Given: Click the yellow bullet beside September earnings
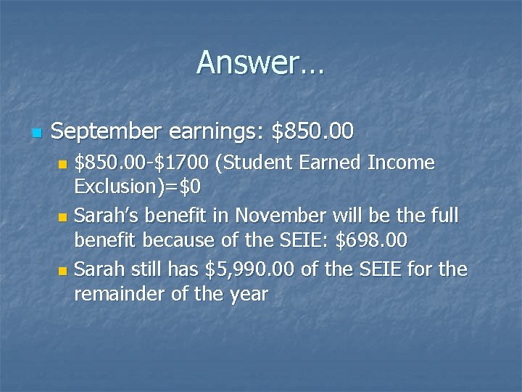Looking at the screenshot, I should tap(37, 133).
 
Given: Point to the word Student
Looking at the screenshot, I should tap(262, 163).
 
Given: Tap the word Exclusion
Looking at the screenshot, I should tap(116, 187).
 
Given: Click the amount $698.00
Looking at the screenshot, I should tap(371, 240).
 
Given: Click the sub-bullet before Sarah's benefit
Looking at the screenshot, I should tap(62, 217).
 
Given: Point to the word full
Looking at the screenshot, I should tap(447, 216).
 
